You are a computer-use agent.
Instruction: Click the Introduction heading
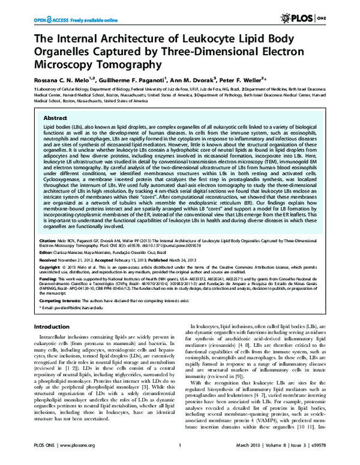tap(53, 326)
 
